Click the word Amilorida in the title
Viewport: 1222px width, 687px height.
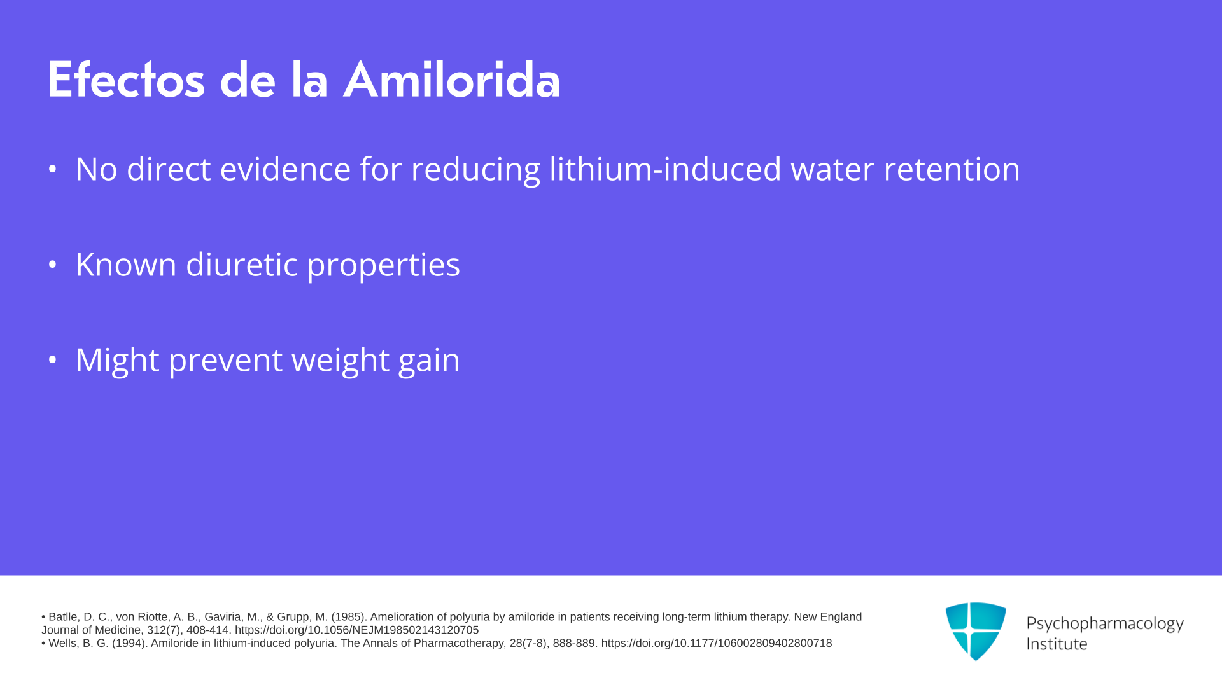[x=451, y=80]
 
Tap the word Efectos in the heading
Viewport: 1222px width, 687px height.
[x=126, y=80]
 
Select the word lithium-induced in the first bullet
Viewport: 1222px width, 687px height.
[x=665, y=169]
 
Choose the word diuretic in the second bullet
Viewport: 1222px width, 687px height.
[x=241, y=264]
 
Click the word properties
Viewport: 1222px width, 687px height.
[x=383, y=265]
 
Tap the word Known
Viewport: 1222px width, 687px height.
[x=126, y=264]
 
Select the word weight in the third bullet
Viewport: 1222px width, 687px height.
[x=341, y=361]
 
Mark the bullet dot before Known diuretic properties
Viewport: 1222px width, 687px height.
[x=53, y=265]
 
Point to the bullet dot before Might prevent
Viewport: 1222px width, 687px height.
[x=53, y=360]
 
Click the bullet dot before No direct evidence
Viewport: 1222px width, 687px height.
[x=53, y=169]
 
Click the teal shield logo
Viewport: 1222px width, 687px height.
[x=976, y=631]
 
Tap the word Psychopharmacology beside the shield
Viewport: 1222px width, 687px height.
[x=1105, y=624]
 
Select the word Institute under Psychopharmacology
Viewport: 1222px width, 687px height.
[x=1057, y=644]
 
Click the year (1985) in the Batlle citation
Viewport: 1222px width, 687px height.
[x=349, y=617]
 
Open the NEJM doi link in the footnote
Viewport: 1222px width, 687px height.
[x=356, y=630]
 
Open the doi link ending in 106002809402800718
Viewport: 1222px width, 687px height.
[x=717, y=644]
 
